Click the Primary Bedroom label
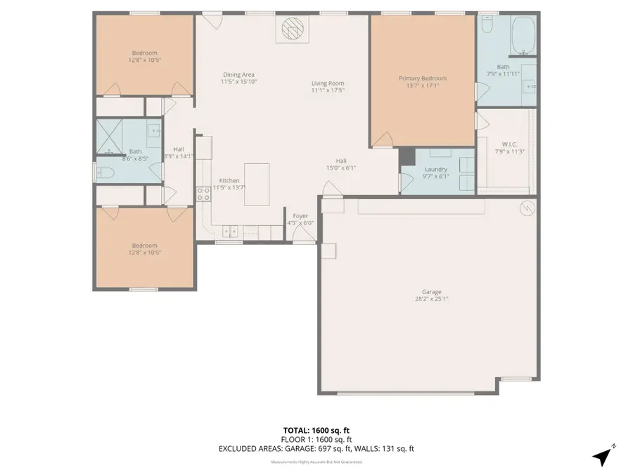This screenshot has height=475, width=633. [x=422, y=79]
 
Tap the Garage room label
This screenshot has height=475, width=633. [x=432, y=292]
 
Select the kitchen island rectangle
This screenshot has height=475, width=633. [x=257, y=184]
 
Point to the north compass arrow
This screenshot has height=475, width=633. [x=602, y=455]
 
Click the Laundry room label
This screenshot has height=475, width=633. [x=436, y=169]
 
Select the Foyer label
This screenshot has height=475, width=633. [x=300, y=216]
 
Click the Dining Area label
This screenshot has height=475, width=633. [x=238, y=75]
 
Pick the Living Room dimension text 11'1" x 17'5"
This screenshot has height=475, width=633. [x=328, y=90]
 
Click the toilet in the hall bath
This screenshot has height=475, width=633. [x=103, y=172]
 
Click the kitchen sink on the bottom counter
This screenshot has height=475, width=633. [x=230, y=230]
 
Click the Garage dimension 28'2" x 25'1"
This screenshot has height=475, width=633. [x=432, y=298]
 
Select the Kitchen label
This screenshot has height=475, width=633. [x=229, y=180]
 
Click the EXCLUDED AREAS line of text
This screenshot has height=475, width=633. [x=321, y=448]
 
